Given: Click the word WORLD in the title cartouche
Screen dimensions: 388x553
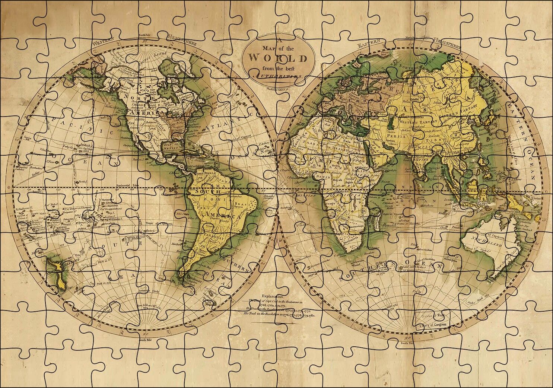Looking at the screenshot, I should click(278, 58).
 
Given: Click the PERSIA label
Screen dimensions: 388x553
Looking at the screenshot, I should click(397, 136).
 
